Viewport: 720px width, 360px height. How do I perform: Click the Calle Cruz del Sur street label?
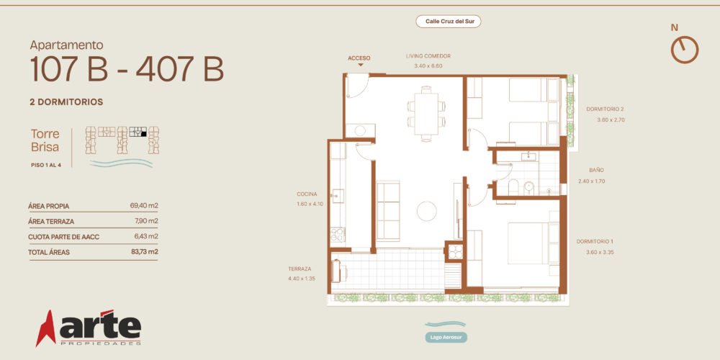coord(448,21)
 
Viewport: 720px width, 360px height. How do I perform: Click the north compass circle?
coord(685,50)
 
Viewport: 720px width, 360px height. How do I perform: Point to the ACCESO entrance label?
coord(359,58)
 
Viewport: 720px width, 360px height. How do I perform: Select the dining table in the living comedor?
coord(426,114)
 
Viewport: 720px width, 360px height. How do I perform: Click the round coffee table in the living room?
coord(426,211)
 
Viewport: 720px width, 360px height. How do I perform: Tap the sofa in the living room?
coord(388,211)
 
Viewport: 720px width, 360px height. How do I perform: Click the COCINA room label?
coord(307,194)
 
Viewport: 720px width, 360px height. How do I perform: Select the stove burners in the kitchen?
coord(337,235)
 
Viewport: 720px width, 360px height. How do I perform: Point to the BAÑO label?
coord(596,171)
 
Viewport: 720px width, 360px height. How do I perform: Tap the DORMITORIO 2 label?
coord(605,109)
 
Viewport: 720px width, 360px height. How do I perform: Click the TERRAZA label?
coord(300,269)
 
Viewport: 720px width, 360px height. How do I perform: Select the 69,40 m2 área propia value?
coord(144,206)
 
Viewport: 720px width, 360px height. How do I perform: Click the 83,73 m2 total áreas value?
coord(144,251)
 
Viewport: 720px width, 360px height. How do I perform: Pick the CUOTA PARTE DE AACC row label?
coord(64,237)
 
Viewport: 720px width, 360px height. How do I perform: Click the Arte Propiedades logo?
coord(89,328)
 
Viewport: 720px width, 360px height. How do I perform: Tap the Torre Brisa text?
coord(45,140)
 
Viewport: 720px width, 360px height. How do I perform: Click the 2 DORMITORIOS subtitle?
coord(66,102)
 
